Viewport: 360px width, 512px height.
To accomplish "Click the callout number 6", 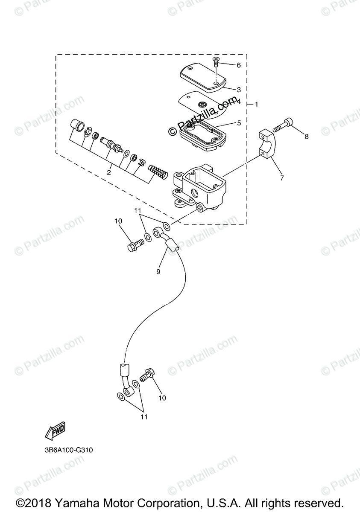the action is [x=239, y=65].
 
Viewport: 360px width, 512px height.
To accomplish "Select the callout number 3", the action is [x=239, y=90].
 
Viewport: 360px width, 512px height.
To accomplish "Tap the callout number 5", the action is [x=239, y=123].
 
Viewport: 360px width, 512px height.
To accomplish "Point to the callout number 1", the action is [x=256, y=104].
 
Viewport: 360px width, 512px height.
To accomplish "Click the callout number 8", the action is [x=306, y=136].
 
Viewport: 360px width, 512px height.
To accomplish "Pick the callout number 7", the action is [x=282, y=178].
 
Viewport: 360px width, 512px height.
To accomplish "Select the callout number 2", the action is [x=109, y=172].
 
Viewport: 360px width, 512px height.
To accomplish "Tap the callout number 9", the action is [x=158, y=271].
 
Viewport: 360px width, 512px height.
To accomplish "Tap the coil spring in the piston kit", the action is [x=157, y=173].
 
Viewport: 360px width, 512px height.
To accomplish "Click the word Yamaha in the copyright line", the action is [x=71, y=502].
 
